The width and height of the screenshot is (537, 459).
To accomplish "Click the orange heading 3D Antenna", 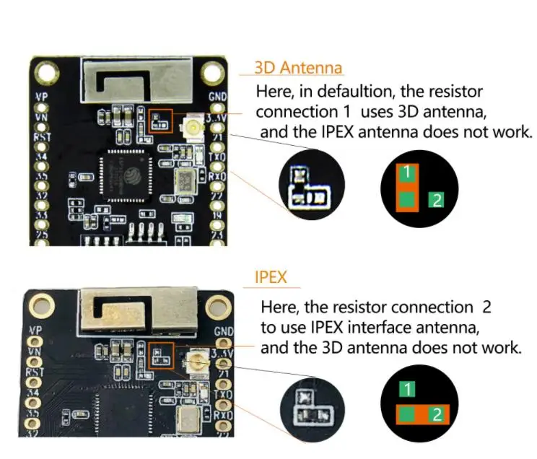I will pos(298,69).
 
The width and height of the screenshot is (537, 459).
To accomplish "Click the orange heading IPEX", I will pos(271,277).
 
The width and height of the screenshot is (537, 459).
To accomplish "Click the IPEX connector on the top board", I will pos(193,128).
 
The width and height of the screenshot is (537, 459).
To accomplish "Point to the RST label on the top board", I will pos(43,136).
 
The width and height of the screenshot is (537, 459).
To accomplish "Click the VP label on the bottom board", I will pos(34,331).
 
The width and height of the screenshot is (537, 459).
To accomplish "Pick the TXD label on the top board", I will pos(217,157).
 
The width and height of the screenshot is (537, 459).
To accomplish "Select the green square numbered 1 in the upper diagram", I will pos(407,172).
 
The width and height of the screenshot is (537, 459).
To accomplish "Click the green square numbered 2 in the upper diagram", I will pos(435,200).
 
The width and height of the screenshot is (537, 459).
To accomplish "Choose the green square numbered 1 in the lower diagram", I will pos(407,390).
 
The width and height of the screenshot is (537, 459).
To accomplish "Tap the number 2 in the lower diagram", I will pos(436,414).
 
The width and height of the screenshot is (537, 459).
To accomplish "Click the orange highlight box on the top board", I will pos(160,121).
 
